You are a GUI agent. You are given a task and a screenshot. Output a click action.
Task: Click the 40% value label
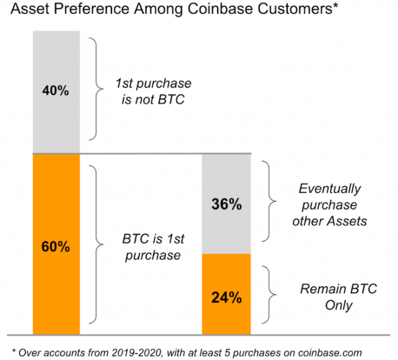click(x=55, y=91)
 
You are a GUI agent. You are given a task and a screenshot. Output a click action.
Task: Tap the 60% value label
click(x=55, y=247)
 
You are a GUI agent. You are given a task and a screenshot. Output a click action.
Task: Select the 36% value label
click(x=226, y=204)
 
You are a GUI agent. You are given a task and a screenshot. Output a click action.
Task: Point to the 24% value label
click(x=226, y=298)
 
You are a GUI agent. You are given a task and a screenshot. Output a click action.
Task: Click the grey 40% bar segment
click(x=57, y=92)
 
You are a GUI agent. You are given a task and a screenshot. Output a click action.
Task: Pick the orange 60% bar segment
click(x=57, y=244)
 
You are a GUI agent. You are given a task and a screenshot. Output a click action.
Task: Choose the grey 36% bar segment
click(x=226, y=204)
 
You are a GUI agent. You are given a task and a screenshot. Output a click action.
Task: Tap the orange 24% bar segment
click(x=226, y=294)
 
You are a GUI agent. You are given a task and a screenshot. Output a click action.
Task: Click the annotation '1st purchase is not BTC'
click(x=154, y=91)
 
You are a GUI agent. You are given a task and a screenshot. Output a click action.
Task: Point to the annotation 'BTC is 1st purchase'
click(x=154, y=247)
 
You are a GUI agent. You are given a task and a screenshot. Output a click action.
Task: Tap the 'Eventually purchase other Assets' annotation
click(x=330, y=205)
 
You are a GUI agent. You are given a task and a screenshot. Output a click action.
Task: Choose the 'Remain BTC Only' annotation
click(x=338, y=297)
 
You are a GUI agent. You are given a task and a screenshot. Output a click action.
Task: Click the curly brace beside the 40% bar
click(x=96, y=89)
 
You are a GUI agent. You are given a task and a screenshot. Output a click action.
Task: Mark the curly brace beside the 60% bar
click(x=96, y=244)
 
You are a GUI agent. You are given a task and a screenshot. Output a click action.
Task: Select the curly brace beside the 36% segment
click(x=269, y=201)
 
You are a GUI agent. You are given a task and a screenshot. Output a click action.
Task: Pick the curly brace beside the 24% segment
click(x=269, y=295)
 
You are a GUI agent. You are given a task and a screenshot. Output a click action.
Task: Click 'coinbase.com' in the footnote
click(x=330, y=353)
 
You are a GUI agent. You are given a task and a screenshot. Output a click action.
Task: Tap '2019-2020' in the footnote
click(x=136, y=353)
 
